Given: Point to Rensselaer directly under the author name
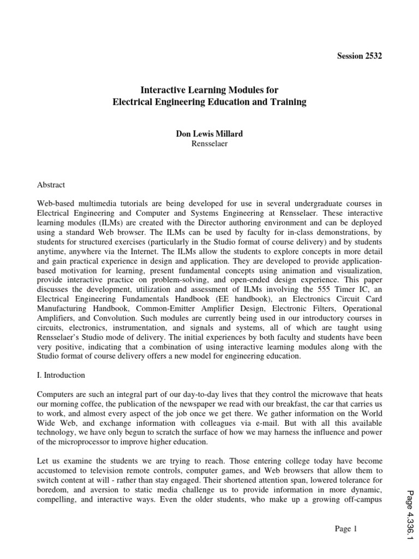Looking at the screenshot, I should [x=209, y=145].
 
